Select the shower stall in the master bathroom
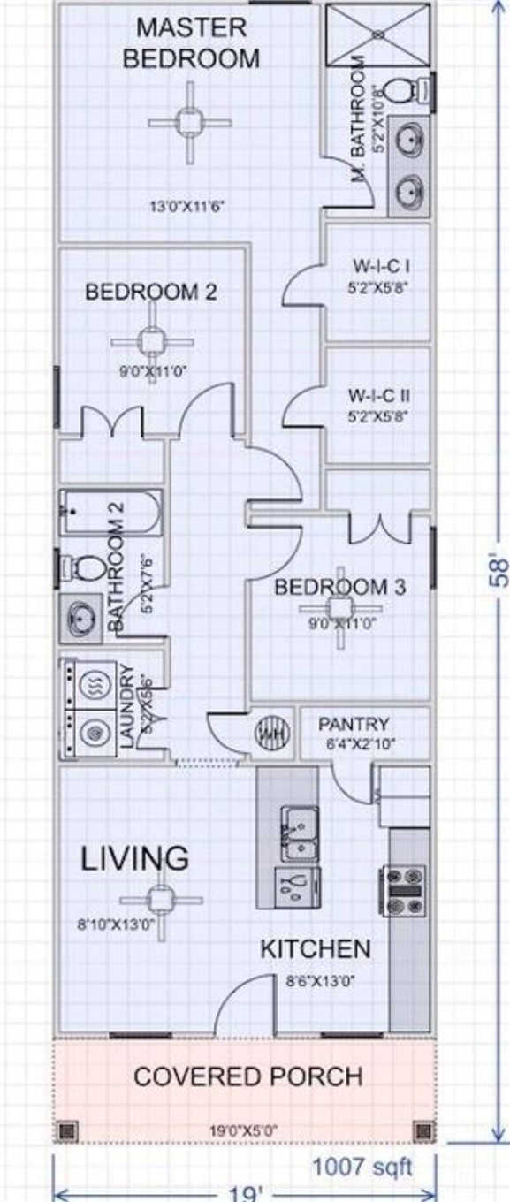coord(380,35)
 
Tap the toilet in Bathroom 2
coord(86,566)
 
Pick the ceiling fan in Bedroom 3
coord(340,609)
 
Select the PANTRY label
coord(354,724)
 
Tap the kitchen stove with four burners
coord(406,892)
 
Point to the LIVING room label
coord(135,857)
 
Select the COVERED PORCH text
coord(247,1076)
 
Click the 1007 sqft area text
coord(362,1167)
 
